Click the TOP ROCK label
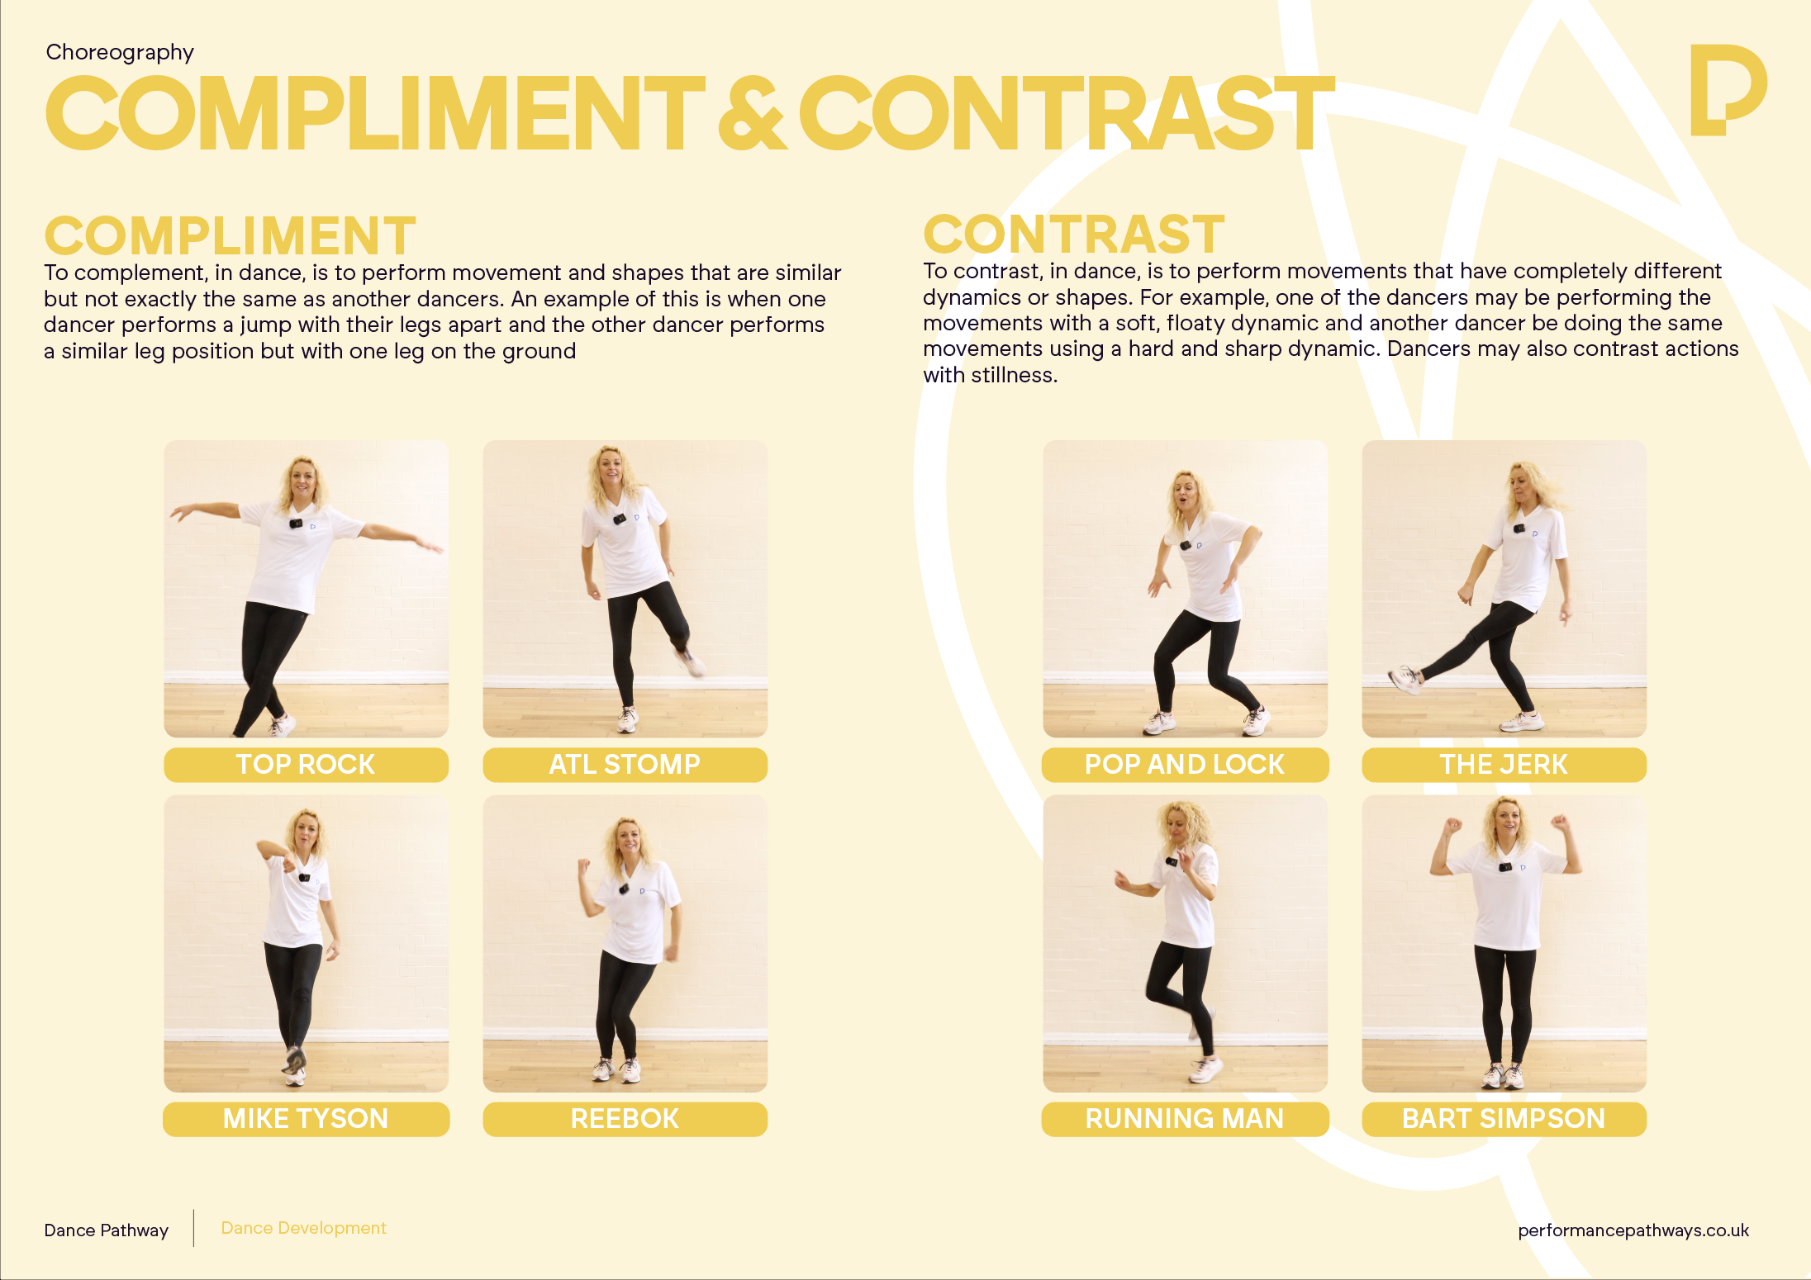[306, 765]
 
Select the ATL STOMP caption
[625, 765]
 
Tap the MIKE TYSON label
[306, 1119]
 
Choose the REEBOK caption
[625, 1119]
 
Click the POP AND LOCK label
[1185, 765]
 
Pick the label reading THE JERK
[1504, 765]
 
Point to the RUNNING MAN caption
[1185, 1119]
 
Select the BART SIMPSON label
[1504, 1119]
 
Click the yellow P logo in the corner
[1727, 89]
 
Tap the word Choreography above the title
[120, 52]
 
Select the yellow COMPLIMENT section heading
[230, 235]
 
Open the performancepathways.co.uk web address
[1633, 1230]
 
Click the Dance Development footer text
[303, 1228]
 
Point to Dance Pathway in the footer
[106, 1230]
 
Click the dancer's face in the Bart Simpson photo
[1507, 820]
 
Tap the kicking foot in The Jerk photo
[1405, 680]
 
